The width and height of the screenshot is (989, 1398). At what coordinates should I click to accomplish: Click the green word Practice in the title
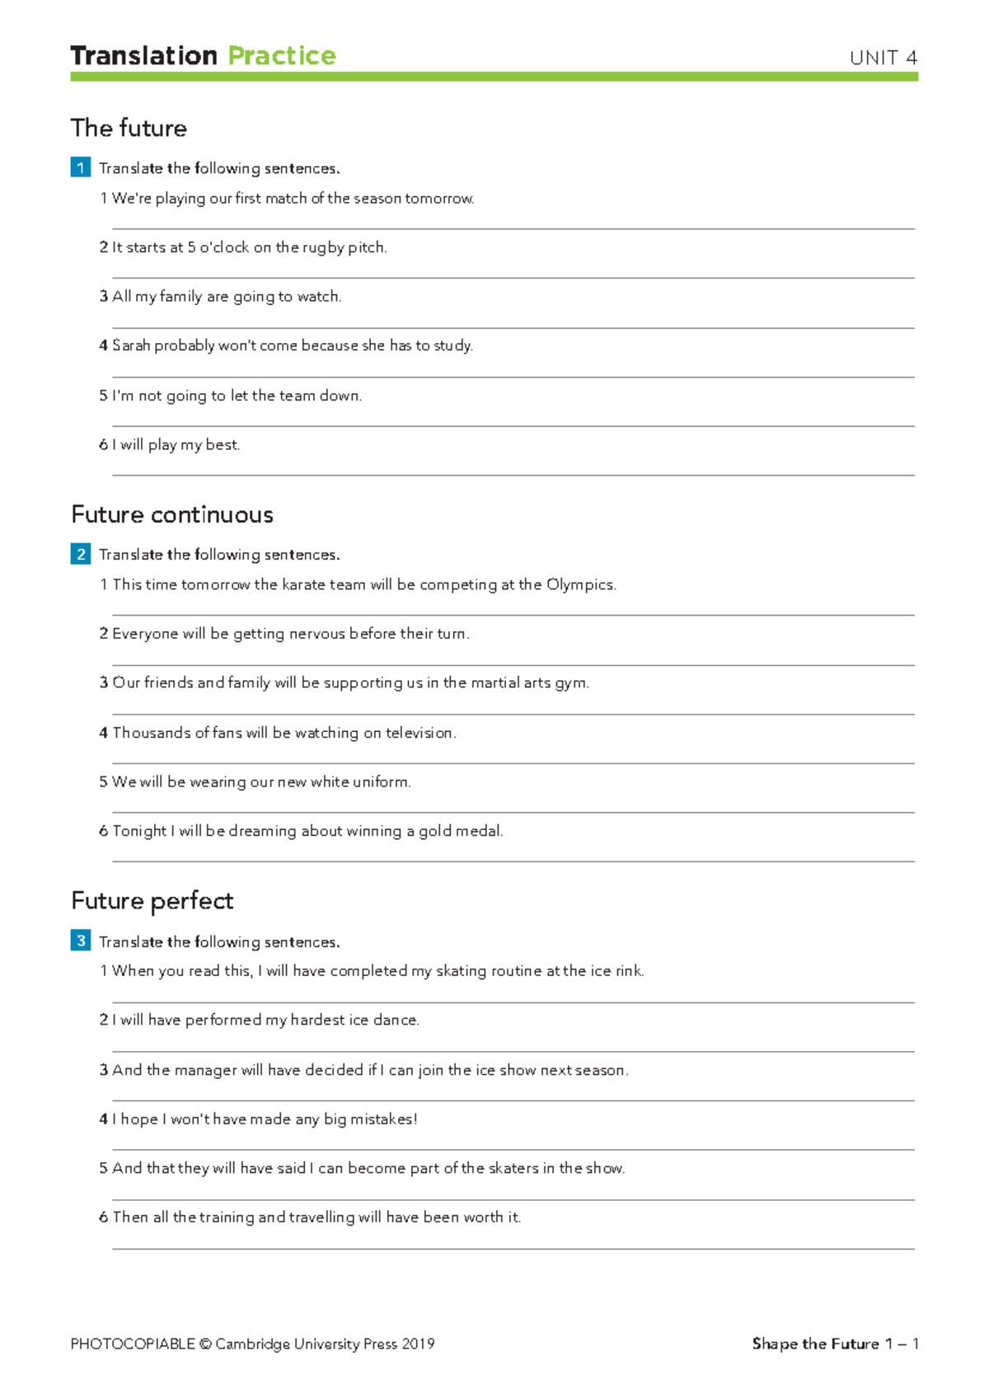[x=282, y=56]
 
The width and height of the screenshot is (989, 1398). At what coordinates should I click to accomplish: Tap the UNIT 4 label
[x=884, y=58]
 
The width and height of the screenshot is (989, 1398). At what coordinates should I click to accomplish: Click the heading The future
[x=129, y=129]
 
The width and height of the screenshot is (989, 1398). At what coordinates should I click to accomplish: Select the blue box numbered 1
[x=81, y=168]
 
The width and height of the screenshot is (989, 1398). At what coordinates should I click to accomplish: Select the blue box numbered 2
[x=81, y=554]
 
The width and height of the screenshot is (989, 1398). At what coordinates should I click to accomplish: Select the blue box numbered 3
[x=81, y=941]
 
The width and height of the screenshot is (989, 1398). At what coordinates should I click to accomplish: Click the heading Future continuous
[x=172, y=514]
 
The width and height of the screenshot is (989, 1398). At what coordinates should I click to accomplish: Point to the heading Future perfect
[x=152, y=901]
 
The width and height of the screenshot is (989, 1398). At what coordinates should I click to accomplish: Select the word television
[x=420, y=733]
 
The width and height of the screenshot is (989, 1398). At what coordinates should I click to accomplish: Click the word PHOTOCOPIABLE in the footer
[x=133, y=1344]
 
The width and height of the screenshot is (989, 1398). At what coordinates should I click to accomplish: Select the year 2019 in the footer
[x=418, y=1344]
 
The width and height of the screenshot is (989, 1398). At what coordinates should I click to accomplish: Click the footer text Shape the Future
[x=815, y=1344]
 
